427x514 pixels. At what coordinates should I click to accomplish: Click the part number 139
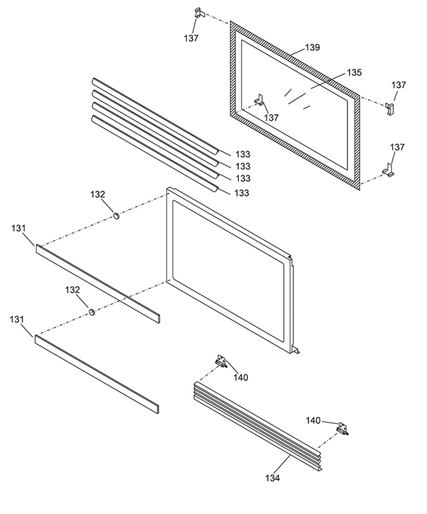313,48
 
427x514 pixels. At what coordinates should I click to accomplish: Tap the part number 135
354,73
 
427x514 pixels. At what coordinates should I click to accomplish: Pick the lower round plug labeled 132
92,312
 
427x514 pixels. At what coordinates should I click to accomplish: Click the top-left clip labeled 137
198,13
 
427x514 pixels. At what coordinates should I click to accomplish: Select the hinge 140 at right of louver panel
343,429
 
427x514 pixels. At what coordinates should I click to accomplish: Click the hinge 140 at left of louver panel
222,362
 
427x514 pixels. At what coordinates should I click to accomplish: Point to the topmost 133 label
242,154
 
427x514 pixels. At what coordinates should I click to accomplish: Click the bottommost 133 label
242,193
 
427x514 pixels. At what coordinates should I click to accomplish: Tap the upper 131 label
20,229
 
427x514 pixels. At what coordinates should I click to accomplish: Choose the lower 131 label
20,319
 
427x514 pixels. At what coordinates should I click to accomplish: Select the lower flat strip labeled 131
96,373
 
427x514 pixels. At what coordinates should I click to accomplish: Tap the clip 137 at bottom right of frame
389,170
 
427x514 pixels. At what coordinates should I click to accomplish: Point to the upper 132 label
98,194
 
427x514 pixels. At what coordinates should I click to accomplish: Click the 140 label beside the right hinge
313,420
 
